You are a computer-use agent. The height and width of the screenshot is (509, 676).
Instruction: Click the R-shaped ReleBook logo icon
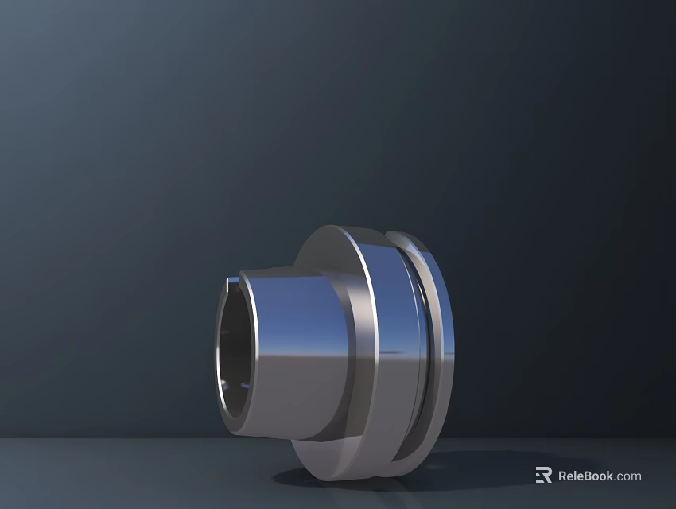(x=544, y=476)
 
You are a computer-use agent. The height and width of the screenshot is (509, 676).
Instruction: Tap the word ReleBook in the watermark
(x=585, y=476)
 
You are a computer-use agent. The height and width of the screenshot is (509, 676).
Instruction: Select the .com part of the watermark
(x=628, y=476)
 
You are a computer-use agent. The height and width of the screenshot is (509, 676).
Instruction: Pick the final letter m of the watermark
(x=635, y=477)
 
